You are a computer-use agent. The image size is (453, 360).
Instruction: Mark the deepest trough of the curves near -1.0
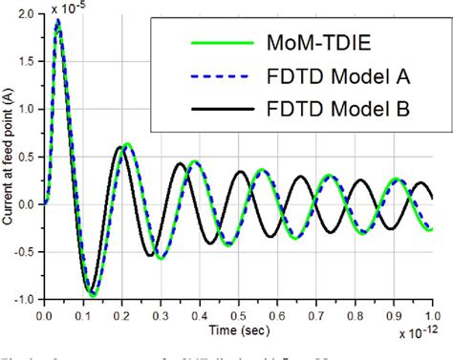pyautogui.click(x=92, y=294)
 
